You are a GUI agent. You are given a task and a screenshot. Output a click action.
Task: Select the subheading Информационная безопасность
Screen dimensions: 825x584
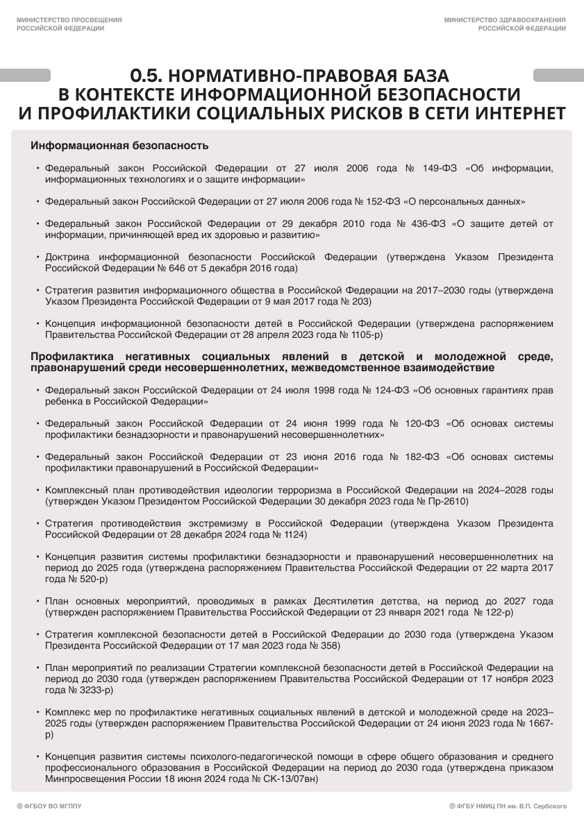pos(119,146)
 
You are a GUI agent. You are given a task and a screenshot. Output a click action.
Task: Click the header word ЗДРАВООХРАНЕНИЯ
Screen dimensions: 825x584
pos(531,20)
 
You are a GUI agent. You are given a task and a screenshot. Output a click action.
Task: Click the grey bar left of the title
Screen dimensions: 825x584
pos(25,76)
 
